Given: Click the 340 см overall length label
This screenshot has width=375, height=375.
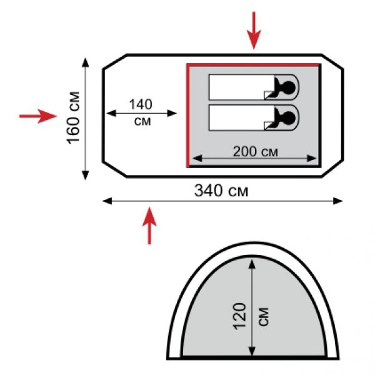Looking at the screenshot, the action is (x=221, y=191).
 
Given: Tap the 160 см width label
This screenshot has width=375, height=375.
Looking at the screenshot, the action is (x=73, y=117).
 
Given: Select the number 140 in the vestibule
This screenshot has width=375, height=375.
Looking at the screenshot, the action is (x=141, y=104).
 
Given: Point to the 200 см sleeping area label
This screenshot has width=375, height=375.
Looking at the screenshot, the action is (x=256, y=151).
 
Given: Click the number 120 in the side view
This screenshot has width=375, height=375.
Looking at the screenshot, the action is (x=240, y=317).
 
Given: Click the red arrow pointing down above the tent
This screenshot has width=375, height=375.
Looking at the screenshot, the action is (x=254, y=31).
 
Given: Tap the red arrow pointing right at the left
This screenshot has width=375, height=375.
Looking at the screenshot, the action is (x=38, y=116).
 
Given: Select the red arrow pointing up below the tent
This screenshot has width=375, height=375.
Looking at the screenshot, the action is (x=149, y=226).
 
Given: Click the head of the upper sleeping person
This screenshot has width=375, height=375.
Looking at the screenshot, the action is (x=289, y=87).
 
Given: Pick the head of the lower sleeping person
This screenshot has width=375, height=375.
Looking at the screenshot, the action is (x=289, y=118).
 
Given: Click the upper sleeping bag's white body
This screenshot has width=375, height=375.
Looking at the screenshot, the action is (x=241, y=87).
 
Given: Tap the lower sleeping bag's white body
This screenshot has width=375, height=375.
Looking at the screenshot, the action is (x=241, y=117).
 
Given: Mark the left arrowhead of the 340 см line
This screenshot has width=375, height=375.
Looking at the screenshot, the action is (x=107, y=201).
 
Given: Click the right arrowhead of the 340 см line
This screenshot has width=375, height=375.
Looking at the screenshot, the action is (x=338, y=201).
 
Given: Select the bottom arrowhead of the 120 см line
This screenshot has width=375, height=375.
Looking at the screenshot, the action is (x=252, y=351).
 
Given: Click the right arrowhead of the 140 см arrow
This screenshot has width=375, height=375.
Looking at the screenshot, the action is (x=172, y=113).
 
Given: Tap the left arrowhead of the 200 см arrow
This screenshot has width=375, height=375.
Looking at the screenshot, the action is (x=197, y=158).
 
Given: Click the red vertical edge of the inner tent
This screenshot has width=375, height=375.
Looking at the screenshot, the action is (x=188, y=116).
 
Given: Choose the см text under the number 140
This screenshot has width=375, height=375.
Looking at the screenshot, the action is (x=142, y=121).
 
